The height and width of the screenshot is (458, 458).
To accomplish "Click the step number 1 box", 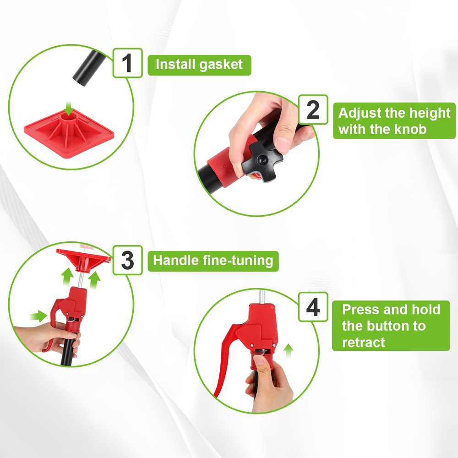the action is pos(128,63).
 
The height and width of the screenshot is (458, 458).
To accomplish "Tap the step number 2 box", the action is pos(313,109).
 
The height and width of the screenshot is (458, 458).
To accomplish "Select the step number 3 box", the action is pos(128,260).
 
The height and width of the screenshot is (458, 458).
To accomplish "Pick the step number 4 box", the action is pos(313,307).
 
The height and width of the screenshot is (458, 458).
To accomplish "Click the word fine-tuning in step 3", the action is pos(238,261).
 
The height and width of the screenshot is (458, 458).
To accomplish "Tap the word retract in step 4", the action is pos(363,342).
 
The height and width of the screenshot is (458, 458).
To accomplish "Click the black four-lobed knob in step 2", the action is pos(262,162).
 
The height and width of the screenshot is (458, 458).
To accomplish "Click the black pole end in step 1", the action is pos(89,68).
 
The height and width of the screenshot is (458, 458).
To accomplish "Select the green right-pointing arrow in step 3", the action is pos(38,316).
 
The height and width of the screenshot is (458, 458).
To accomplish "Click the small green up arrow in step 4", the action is pos(288,350).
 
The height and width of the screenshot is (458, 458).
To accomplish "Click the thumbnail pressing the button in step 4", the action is pos(258,360).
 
